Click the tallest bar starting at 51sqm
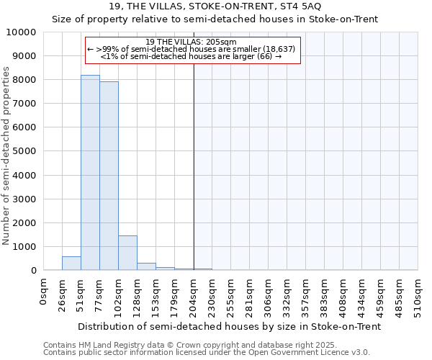click(90, 173)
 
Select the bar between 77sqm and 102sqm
click(109, 176)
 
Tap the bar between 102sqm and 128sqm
click(127, 253)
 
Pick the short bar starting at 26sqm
click(71, 264)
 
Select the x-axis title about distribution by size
click(229, 326)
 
